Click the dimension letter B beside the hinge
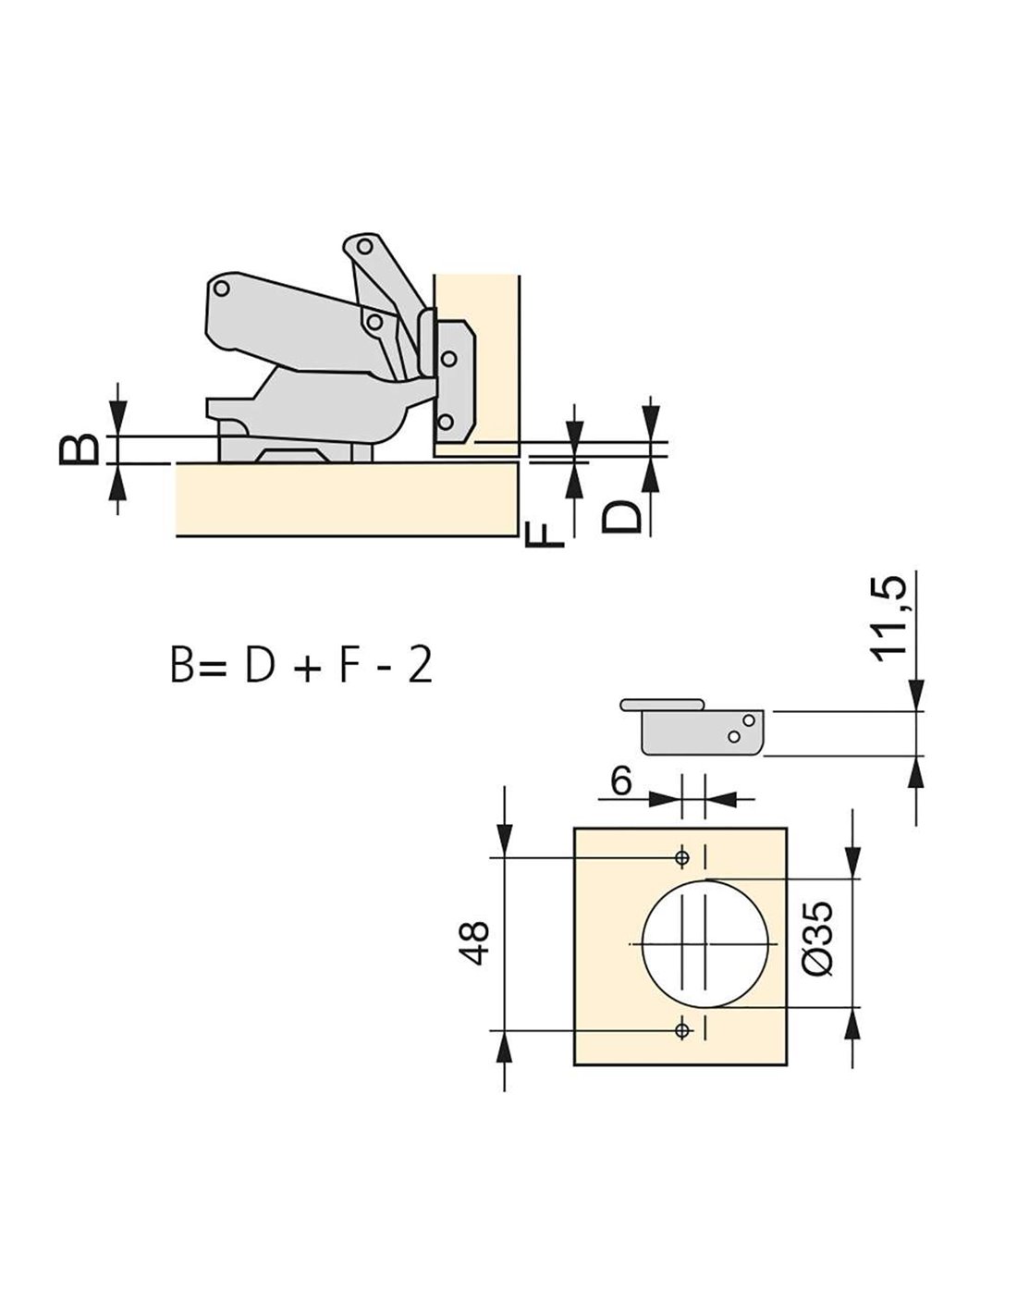(x=79, y=449)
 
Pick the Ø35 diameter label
(x=820, y=938)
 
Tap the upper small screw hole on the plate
(x=682, y=857)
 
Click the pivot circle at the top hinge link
(x=364, y=247)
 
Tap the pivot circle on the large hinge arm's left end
(x=222, y=289)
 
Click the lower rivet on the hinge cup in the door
(x=446, y=421)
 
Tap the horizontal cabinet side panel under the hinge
(x=347, y=499)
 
